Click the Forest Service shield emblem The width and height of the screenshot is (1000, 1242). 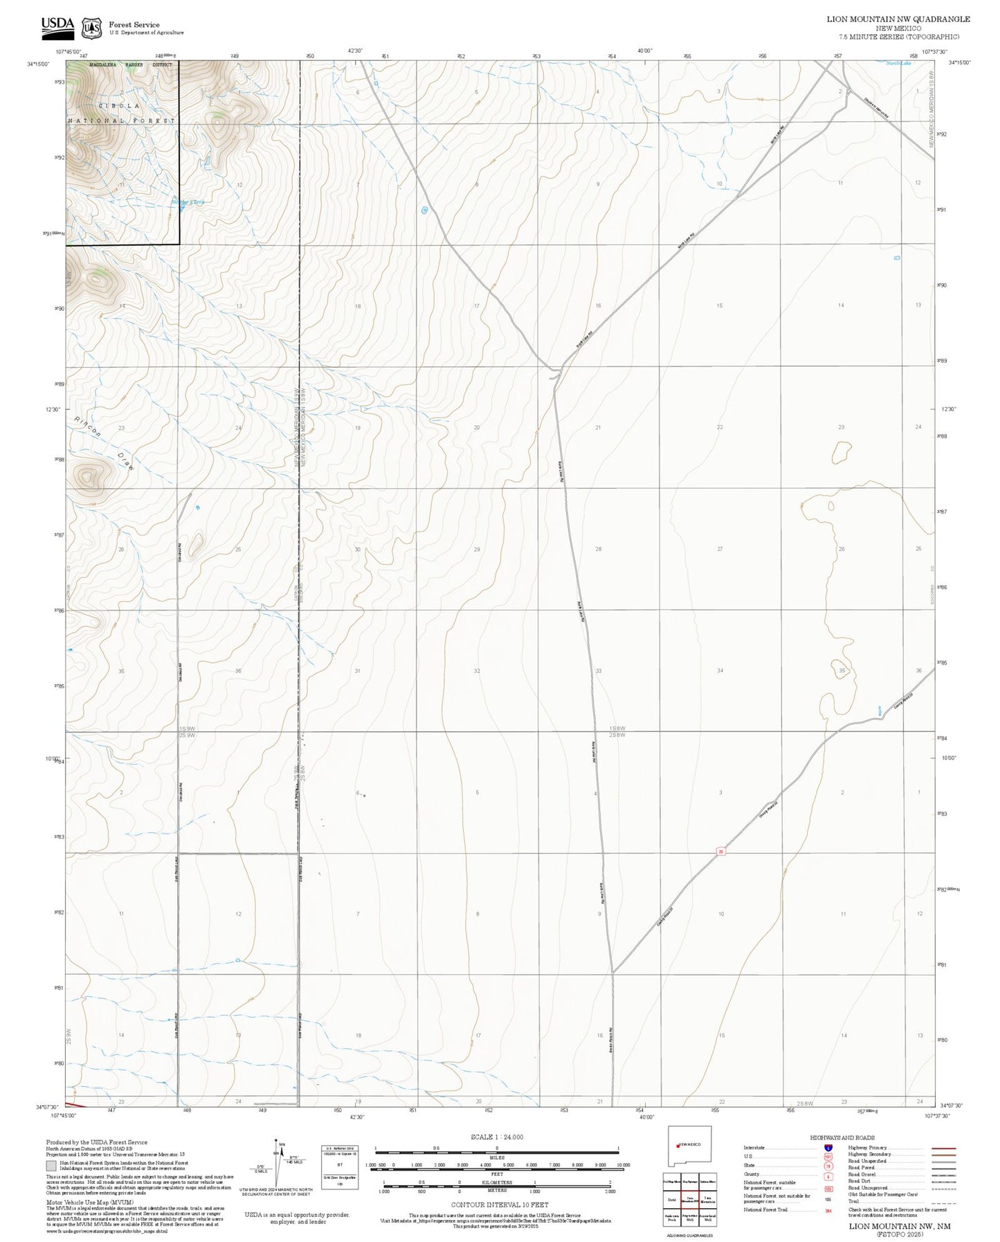click(91, 28)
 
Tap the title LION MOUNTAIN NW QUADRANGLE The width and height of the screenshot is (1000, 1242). click(898, 19)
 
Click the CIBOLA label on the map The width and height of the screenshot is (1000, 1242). click(119, 106)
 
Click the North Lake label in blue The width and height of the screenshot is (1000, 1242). click(899, 64)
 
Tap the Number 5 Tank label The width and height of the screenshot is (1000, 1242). click(188, 202)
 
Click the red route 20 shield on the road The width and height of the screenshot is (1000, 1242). click(720, 852)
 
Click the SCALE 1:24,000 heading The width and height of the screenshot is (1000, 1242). click(496, 1137)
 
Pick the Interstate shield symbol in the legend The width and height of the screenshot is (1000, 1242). click(828, 1148)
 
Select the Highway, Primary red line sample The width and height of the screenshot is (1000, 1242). click(944, 1148)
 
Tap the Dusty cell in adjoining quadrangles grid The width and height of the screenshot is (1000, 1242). click(671, 1200)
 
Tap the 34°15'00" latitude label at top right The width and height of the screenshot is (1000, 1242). click(959, 63)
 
